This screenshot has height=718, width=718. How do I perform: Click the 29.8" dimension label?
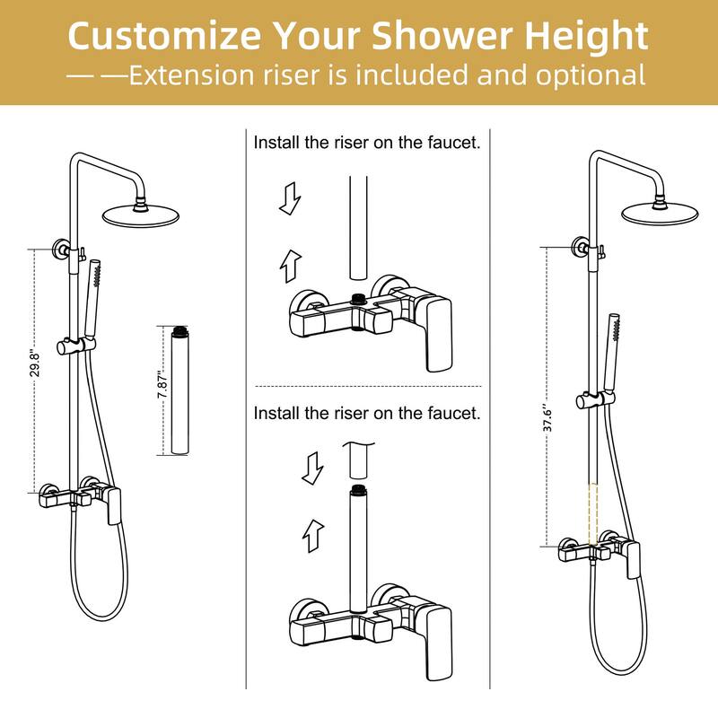tap(36, 369)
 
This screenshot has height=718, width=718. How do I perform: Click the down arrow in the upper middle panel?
tap(289, 198)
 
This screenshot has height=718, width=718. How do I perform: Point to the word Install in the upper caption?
tap(276, 143)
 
